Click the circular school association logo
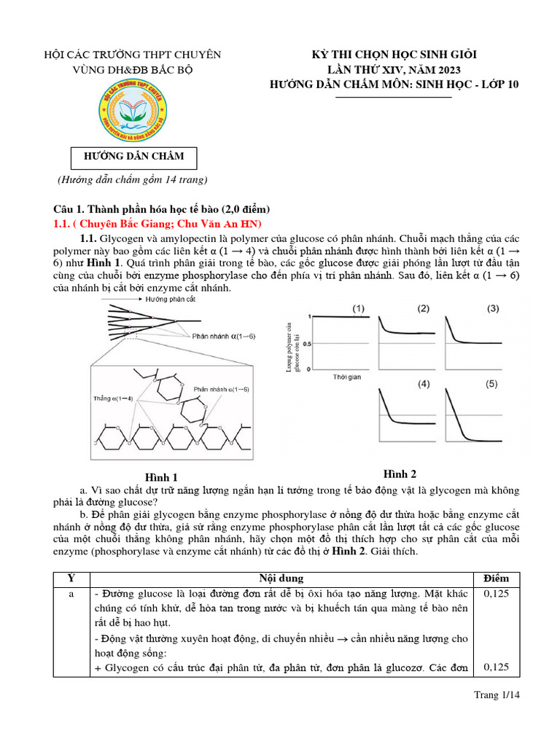pyautogui.click(x=132, y=111)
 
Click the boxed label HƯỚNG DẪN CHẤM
pyautogui.click(x=132, y=157)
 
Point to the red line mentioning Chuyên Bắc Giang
pyautogui.click(x=158, y=223)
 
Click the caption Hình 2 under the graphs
pyautogui.click(x=400, y=474)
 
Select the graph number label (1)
pyautogui.click(x=359, y=308)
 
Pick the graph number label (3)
pyautogui.click(x=493, y=308)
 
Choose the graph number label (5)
pyautogui.click(x=493, y=383)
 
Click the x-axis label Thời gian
pyautogui.click(x=348, y=377)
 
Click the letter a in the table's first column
pyautogui.click(x=71, y=594)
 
